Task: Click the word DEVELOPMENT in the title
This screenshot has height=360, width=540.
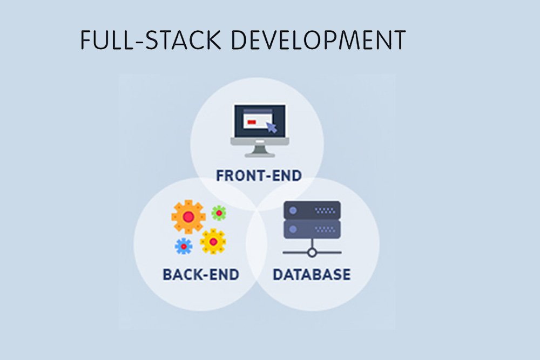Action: point(319,40)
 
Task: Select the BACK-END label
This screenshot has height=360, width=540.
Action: point(201,274)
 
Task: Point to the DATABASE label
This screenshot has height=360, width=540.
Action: point(312,274)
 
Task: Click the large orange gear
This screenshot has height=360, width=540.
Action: point(188,216)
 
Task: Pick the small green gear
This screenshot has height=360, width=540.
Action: point(218,213)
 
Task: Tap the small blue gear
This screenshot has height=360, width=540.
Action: point(184,246)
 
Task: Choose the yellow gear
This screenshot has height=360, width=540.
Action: point(213,241)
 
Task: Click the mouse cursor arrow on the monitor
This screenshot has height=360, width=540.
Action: point(272,127)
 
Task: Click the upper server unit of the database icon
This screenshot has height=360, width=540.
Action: point(312,209)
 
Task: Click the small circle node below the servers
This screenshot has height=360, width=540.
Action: point(312,252)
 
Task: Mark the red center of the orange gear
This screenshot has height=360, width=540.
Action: point(188,216)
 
